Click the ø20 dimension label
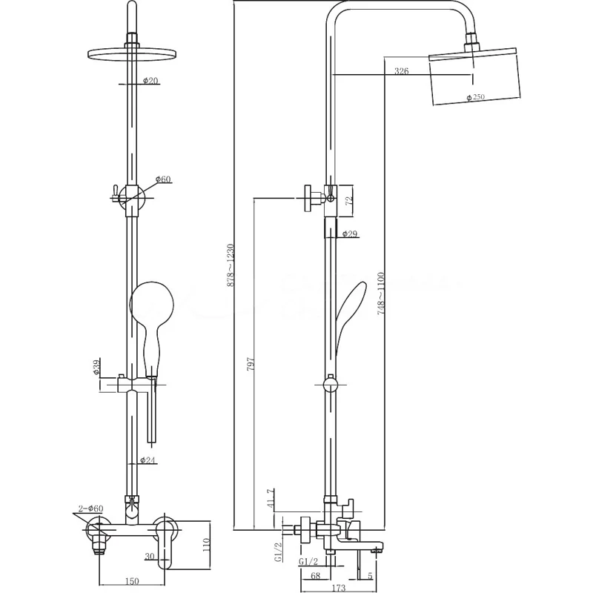[150, 81]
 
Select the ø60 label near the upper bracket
[163, 179]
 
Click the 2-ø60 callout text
[95, 508]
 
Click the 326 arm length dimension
[401, 72]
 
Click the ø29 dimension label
[351, 234]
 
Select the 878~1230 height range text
[231, 265]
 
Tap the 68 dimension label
[315, 575]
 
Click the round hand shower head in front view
[151, 302]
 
